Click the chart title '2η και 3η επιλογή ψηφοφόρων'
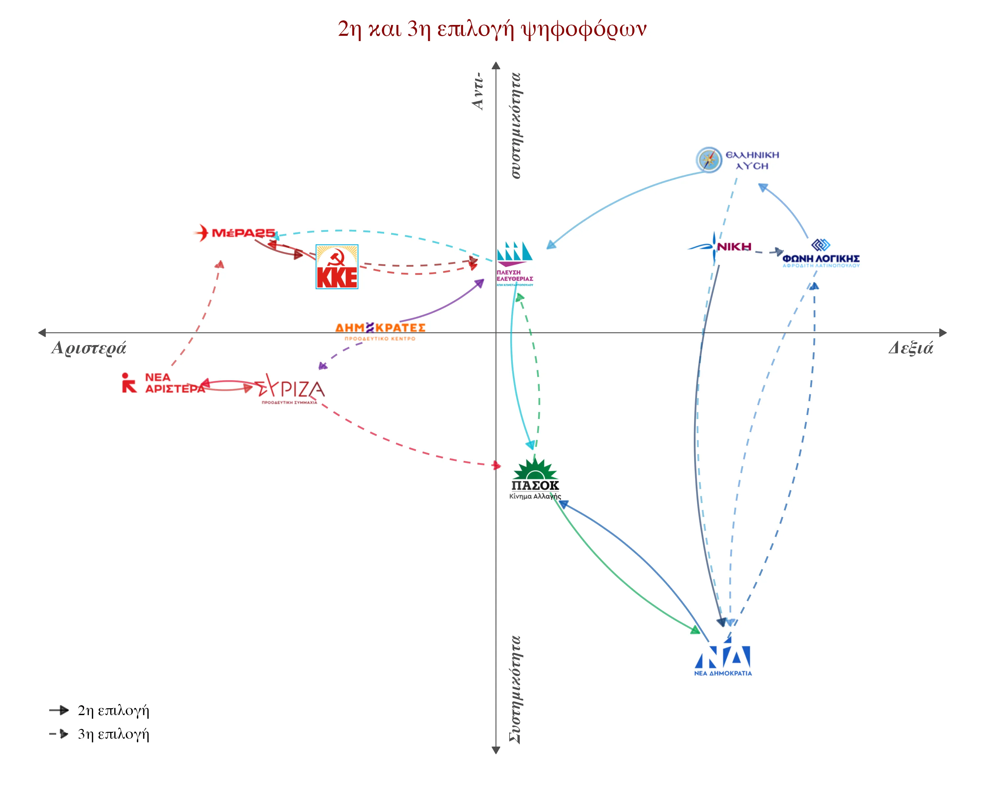click(x=492, y=29)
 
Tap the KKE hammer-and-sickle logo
click(x=337, y=267)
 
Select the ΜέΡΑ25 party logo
click(x=235, y=233)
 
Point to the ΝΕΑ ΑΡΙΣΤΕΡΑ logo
click(x=163, y=383)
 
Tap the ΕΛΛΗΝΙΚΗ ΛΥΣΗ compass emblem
click(x=709, y=160)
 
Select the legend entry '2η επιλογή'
click(x=113, y=710)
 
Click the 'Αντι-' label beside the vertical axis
click(x=478, y=91)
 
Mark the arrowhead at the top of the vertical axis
click(x=496, y=65)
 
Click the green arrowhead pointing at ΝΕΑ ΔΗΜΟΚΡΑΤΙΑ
click(x=695, y=630)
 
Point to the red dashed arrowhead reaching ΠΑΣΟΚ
click(x=497, y=466)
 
